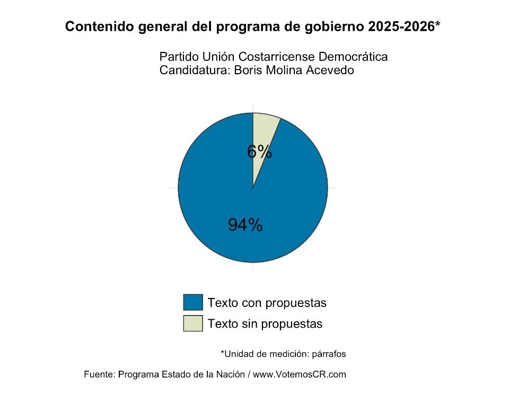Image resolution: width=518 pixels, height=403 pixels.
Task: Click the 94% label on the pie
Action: [x=245, y=225]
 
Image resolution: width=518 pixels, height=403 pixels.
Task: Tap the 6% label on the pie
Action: [x=259, y=152]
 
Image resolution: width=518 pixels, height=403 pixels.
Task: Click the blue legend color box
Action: [x=193, y=302]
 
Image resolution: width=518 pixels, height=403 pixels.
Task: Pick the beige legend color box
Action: [x=193, y=323]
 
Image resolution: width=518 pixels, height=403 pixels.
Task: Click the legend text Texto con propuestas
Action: [x=267, y=303]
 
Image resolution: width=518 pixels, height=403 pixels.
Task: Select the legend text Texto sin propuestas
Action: [x=265, y=323]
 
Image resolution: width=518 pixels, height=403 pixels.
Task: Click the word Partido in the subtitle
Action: [x=177, y=57]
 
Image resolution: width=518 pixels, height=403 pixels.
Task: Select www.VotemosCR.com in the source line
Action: [x=300, y=374]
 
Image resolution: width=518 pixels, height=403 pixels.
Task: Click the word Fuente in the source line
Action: [x=99, y=374]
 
